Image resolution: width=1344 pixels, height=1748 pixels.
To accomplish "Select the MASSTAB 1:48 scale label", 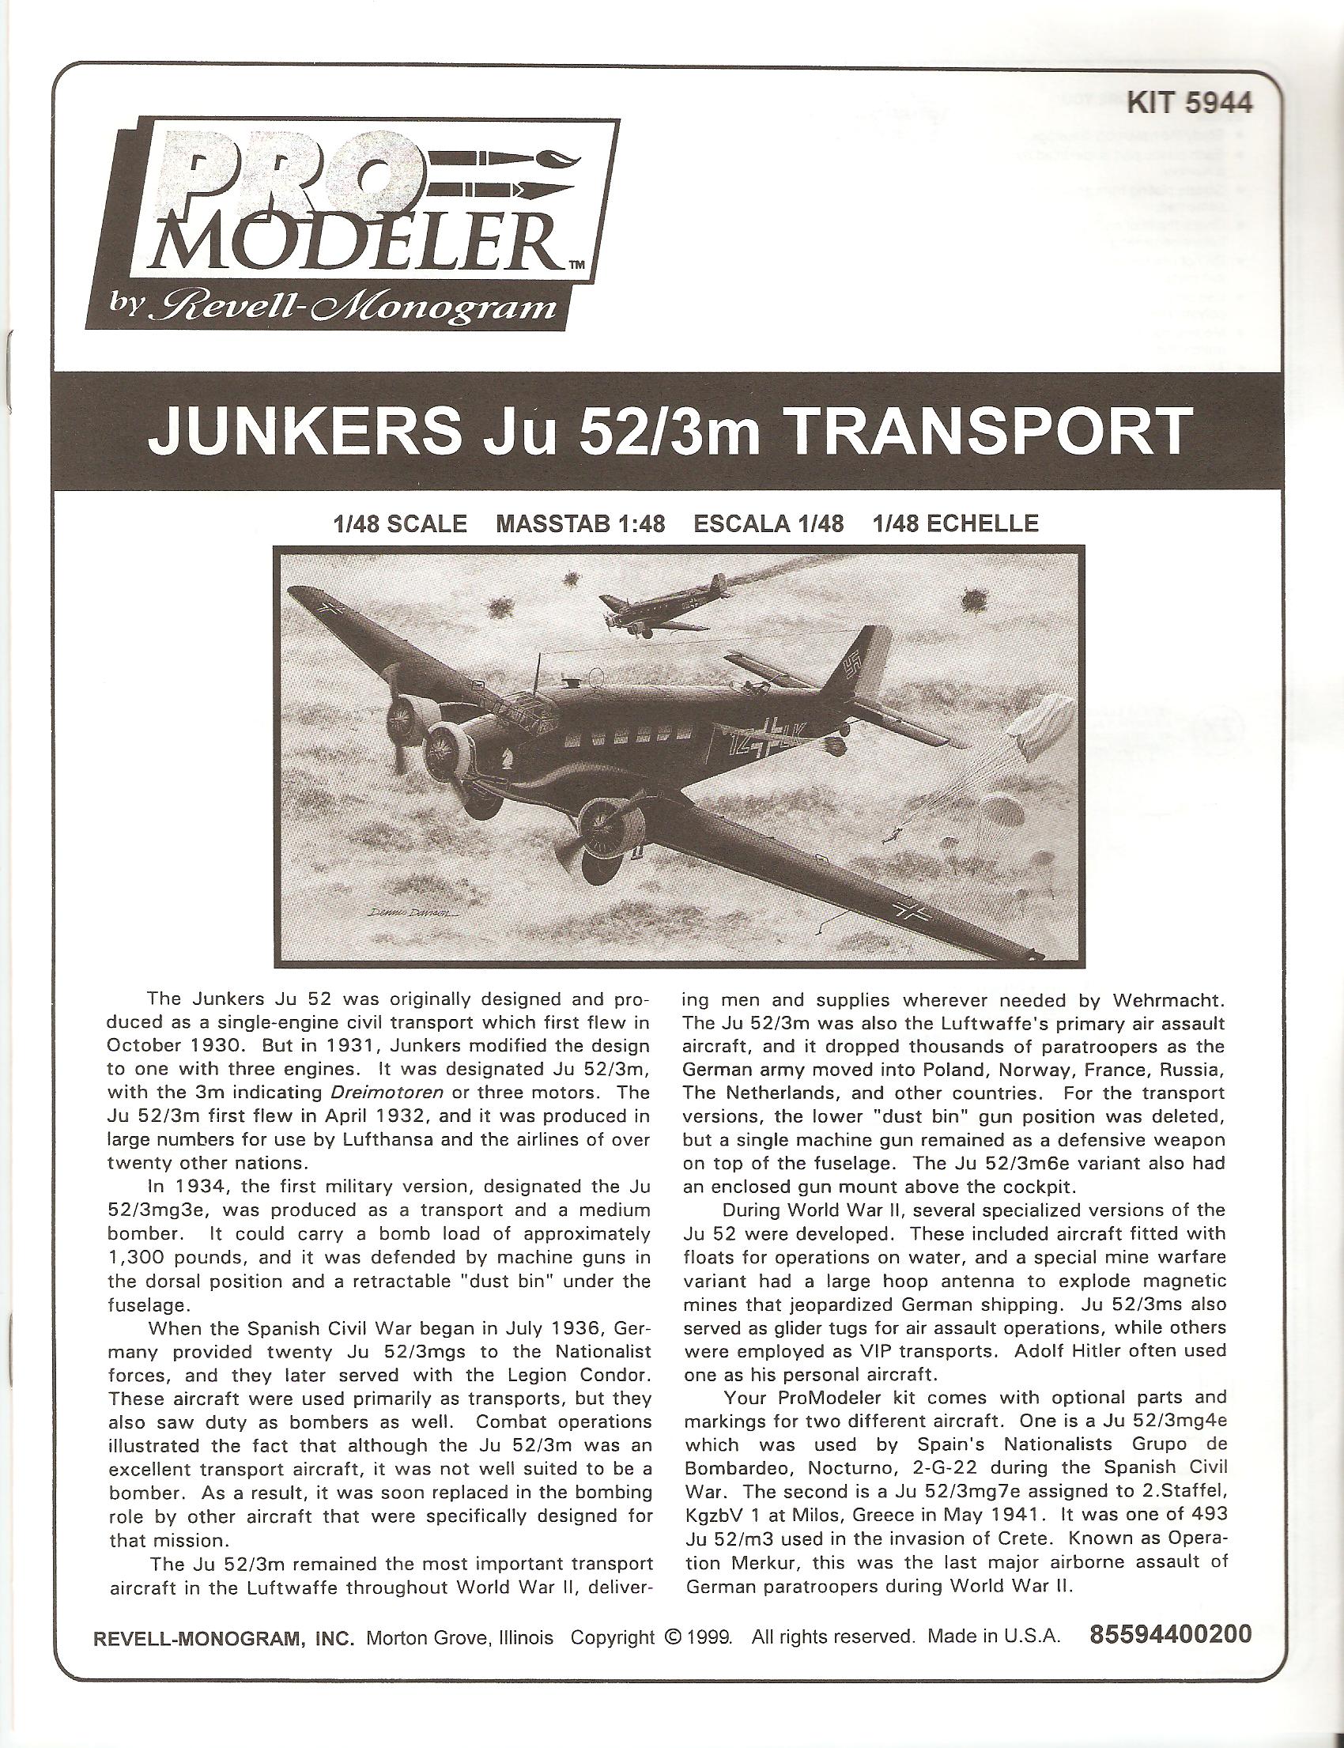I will [581, 524].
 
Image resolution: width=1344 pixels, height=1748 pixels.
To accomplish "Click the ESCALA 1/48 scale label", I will [768, 524].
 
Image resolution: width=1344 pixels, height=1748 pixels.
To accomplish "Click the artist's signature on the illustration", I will [418, 914].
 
